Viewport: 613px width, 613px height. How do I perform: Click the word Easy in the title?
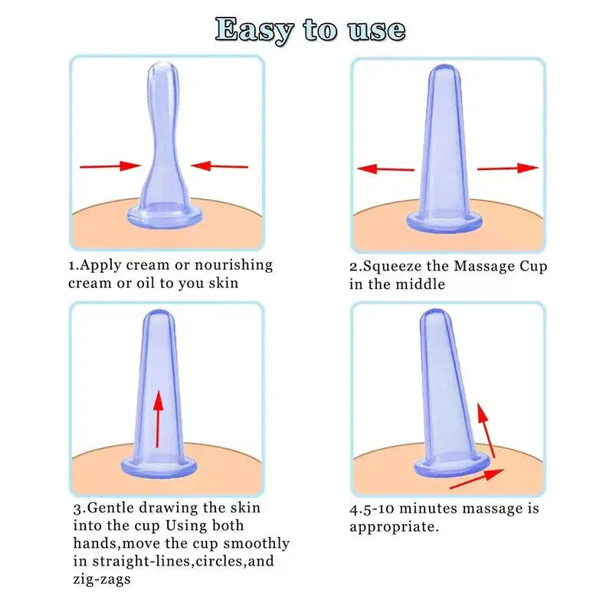(x=254, y=30)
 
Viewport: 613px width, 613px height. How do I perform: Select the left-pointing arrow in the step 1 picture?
(x=219, y=165)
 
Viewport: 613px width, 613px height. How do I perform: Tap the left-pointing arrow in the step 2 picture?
(x=385, y=169)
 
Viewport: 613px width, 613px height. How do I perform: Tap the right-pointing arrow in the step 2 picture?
(x=508, y=168)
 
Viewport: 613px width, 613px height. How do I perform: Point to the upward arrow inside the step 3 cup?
(x=157, y=418)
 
